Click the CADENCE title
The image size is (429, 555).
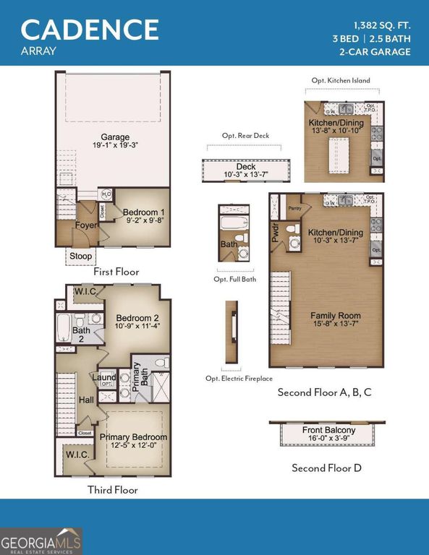[90, 29]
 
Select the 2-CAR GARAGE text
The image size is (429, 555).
[375, 51]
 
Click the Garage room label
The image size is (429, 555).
[115, 137]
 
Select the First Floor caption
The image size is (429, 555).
[116, 272]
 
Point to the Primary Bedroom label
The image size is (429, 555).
[133, 437]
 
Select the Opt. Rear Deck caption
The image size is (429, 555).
[242, 136]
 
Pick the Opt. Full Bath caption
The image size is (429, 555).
[234, 279]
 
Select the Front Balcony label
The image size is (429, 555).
[328, 431]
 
